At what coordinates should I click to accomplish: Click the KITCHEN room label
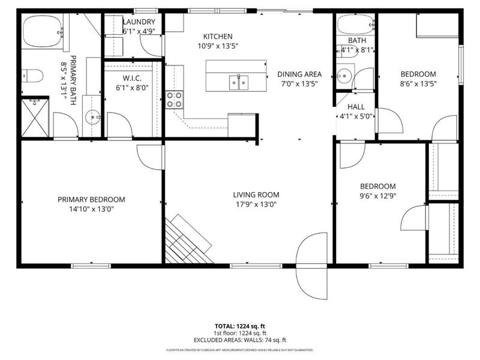217,37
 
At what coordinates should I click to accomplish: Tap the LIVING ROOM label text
256,194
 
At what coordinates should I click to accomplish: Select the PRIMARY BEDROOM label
91,200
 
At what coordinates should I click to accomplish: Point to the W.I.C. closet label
131,77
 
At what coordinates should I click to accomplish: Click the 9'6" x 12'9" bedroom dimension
377,196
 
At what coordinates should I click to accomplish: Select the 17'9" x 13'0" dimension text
256,204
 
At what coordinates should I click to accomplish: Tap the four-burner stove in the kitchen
174,99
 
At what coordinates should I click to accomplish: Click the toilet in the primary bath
32,76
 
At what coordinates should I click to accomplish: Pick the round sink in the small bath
344,76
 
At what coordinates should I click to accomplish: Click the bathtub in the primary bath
43,28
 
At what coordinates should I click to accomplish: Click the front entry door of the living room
312,265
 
